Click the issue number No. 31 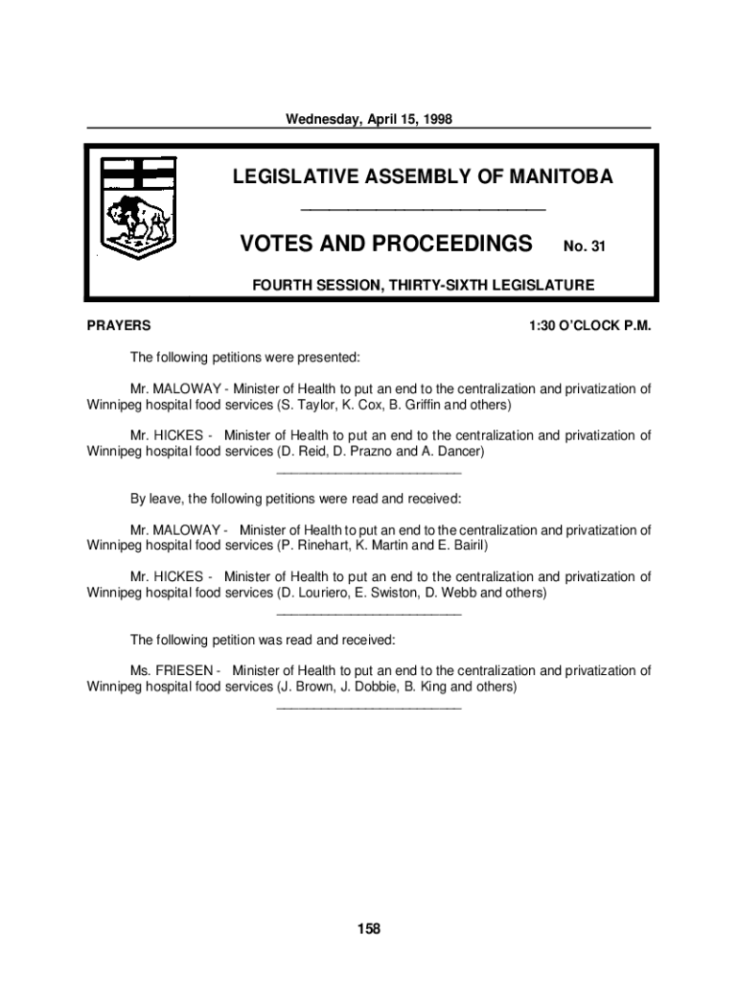pyautogui.click(x=585, y=246)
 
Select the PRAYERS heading pyautogui.click(x=119, y=326)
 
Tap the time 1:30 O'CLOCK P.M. pyautogui.click(x=589, y=326)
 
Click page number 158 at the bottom pyautogui.click(x=369, y=928)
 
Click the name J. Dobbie pyautogui.click(x=368, y=687)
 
